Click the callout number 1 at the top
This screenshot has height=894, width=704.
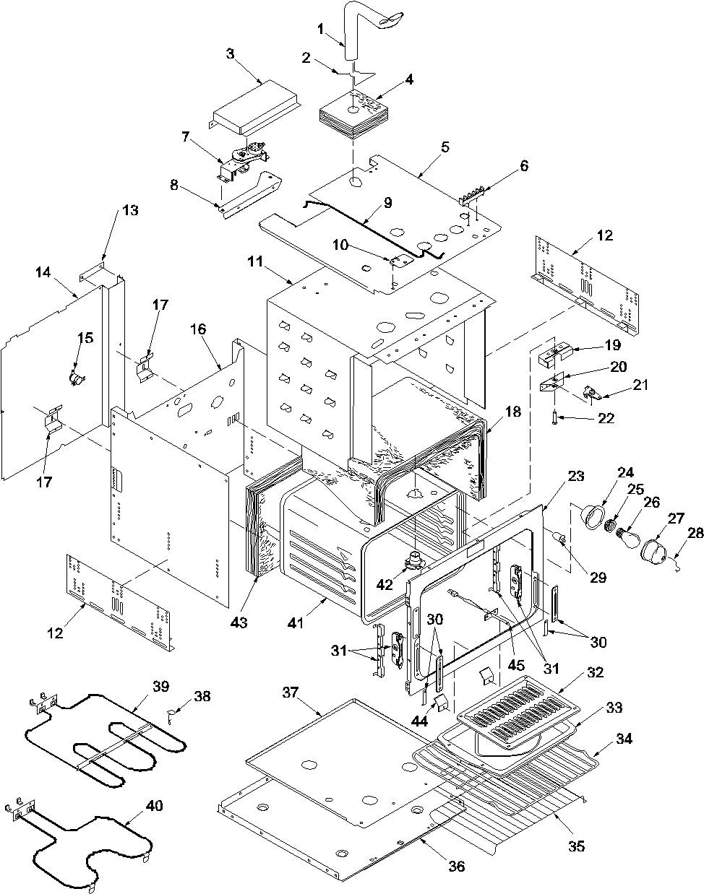click(320, 29)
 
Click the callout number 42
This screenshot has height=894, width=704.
click(385, 584)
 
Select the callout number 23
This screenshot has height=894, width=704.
click(576, 476)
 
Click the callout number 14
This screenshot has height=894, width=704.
click(43, 272)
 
